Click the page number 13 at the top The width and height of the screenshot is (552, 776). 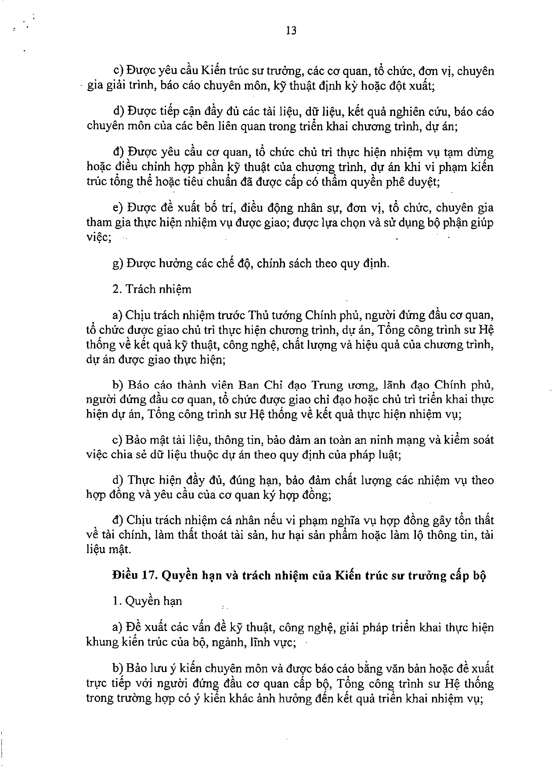coord(291,31)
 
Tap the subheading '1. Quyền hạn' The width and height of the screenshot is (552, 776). coord(147,601)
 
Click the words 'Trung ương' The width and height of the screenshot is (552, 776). coord(343,385)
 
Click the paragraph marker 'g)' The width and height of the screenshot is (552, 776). coord(118,264)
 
